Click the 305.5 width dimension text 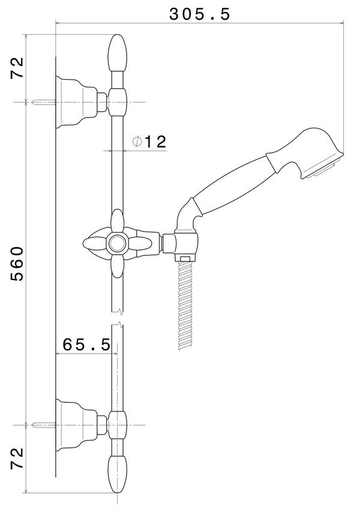(199, 14)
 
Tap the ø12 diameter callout (148, 142)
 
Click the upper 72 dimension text (17, 68)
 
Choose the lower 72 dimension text (17, 459)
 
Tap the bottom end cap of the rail (118, 474)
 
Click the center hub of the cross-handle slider (118, 243)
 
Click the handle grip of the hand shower (234, 183)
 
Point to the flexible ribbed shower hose (185, 306)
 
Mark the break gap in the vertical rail (118, 318)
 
